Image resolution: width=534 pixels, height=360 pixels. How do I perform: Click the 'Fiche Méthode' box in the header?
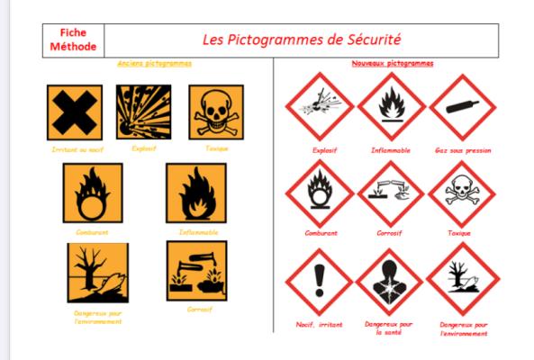click(x=74, y=40)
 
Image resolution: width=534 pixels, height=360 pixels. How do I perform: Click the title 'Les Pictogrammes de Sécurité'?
click(x=300, y=40)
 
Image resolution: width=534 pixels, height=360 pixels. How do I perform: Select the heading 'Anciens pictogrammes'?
click(x=155, y=64)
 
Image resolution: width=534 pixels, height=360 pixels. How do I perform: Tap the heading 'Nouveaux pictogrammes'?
click(x=392, y=64)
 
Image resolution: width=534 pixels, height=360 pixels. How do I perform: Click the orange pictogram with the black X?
click(x=74, y=112)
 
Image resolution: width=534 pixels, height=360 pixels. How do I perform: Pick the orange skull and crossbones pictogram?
click(x=216, y=111)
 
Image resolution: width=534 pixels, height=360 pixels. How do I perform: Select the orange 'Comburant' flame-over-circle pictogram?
click(x=92, y=193)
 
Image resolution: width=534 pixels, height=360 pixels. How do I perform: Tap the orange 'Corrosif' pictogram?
click(x=196, y=271)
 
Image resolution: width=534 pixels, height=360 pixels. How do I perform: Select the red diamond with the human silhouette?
click(x=390, y=280)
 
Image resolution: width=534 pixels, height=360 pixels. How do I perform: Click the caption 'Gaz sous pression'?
click(x=463, y=150)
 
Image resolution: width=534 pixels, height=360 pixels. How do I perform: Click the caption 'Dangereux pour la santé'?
click(x=390, y=328)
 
